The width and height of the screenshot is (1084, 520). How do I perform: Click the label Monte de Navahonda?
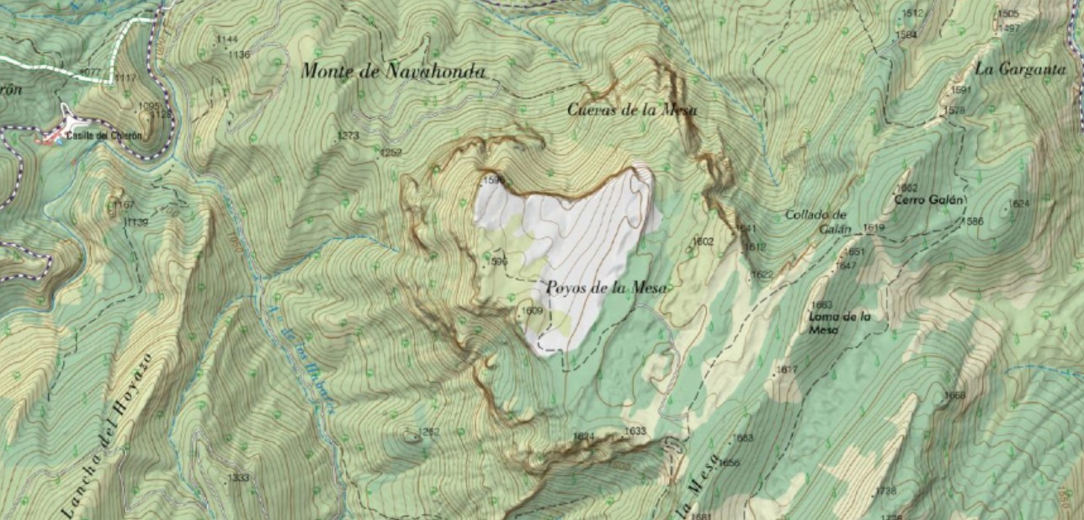pos(393,72)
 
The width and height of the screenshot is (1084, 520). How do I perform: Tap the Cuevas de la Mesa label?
pos(632,109)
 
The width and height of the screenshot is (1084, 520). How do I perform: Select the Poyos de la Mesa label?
pos(606,288)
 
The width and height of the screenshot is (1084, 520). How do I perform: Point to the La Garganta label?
pos(1021,70)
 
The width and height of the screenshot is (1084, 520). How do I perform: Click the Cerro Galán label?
pos(928,200)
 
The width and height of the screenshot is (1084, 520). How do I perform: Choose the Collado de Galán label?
pos(816,220)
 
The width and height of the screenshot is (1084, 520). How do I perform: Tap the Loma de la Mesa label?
pos(837,323)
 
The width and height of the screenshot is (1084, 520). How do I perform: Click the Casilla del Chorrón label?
pos(105,135)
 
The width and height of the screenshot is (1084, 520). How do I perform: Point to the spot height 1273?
pos(348,135)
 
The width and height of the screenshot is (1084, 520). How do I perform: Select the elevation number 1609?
pos(532,310)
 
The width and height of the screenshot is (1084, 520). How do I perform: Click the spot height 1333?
pos(239,477)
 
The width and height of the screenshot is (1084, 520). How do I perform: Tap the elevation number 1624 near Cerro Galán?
pos(1019,204)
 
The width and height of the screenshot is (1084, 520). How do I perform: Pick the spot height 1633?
pos(635,431)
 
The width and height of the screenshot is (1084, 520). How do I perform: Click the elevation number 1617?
pos(787,370)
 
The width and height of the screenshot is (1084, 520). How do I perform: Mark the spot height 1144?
pos(226,40)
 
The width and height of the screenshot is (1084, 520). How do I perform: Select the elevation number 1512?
pos(913,13)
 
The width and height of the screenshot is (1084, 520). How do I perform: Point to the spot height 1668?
pos(954,395)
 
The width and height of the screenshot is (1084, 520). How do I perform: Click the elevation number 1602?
pos(703,241)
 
